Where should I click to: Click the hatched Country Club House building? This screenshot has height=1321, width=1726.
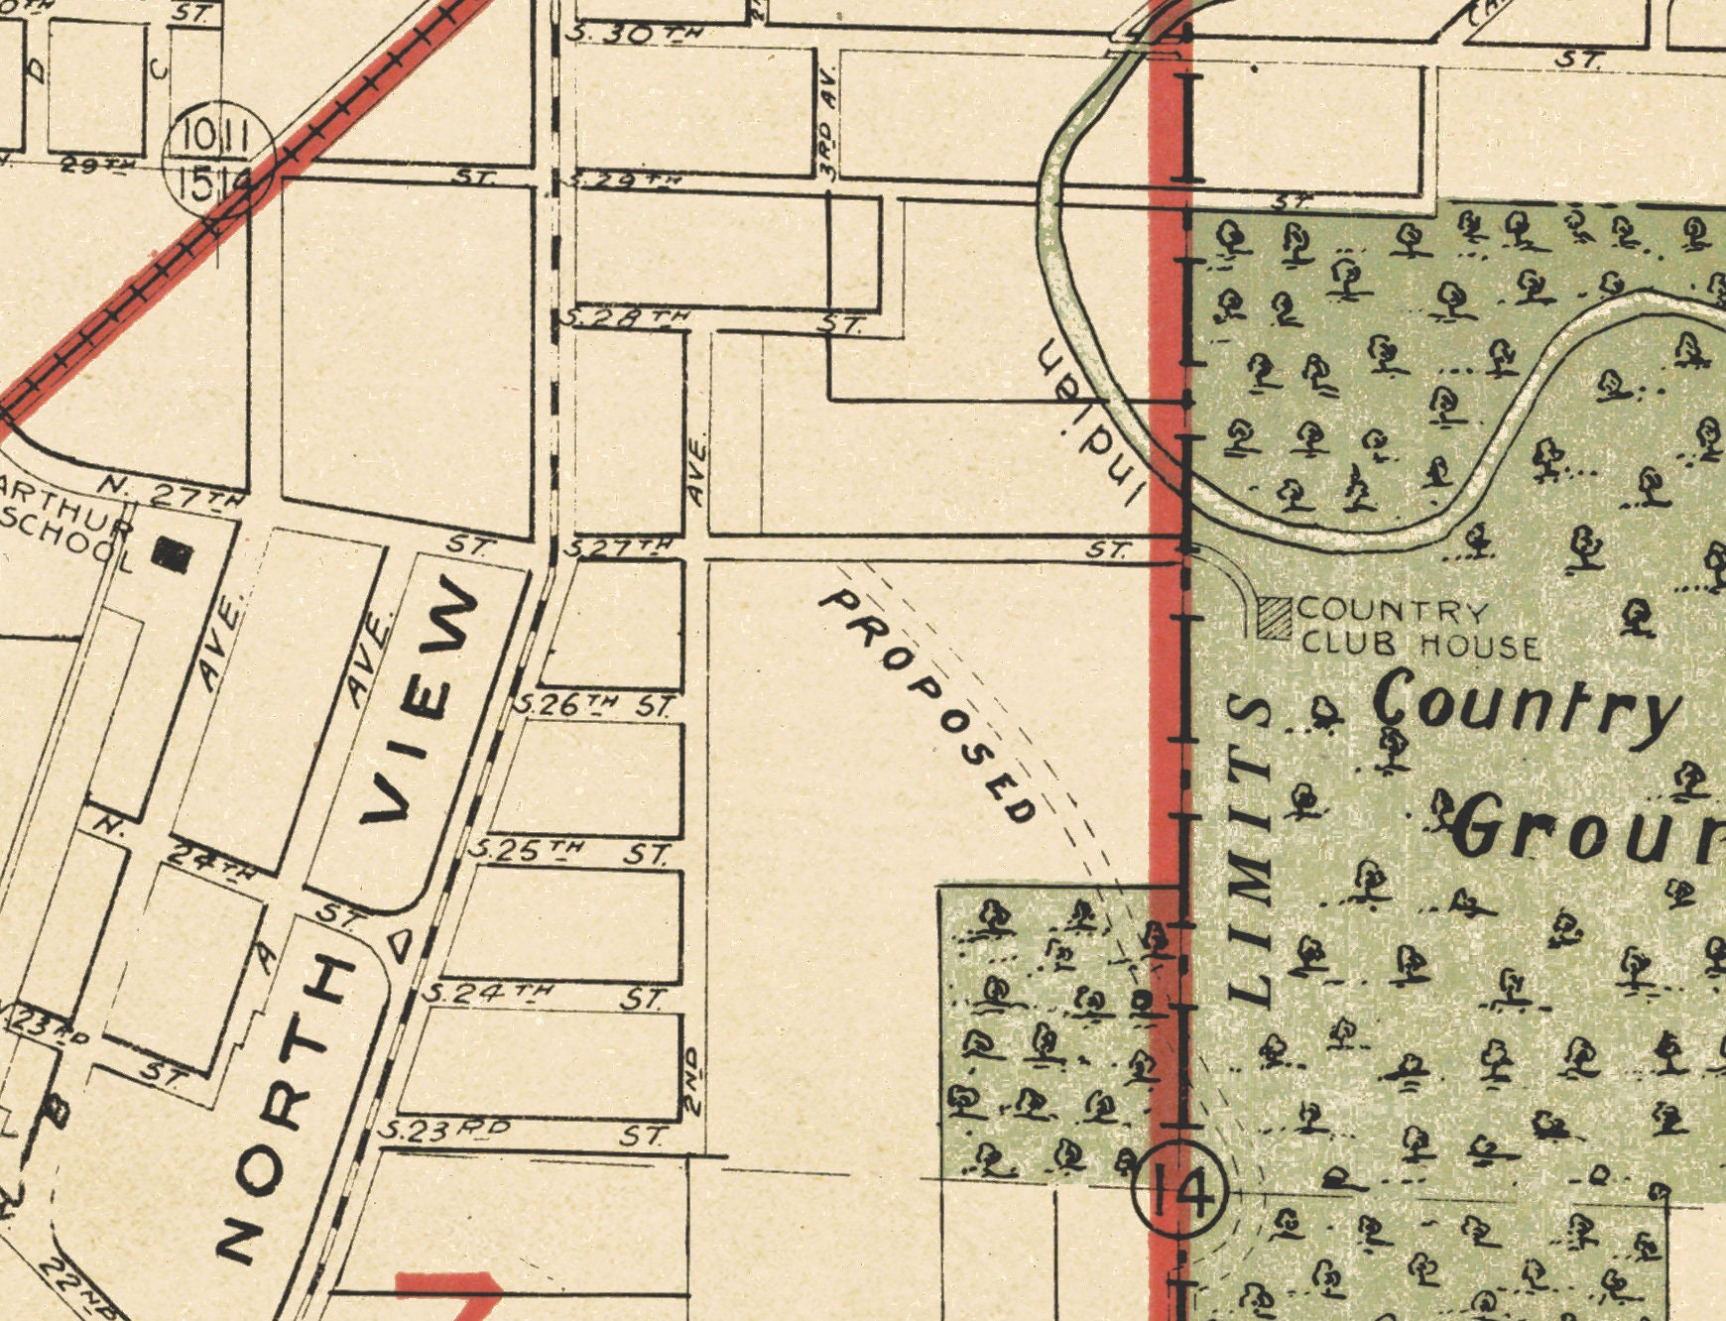(x=1274, y=617)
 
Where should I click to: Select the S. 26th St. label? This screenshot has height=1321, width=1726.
(x=595, y=706)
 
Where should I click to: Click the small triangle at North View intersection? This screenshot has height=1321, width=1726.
(x=400, y=944)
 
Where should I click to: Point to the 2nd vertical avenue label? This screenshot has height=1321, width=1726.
(x=693, y=1080)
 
